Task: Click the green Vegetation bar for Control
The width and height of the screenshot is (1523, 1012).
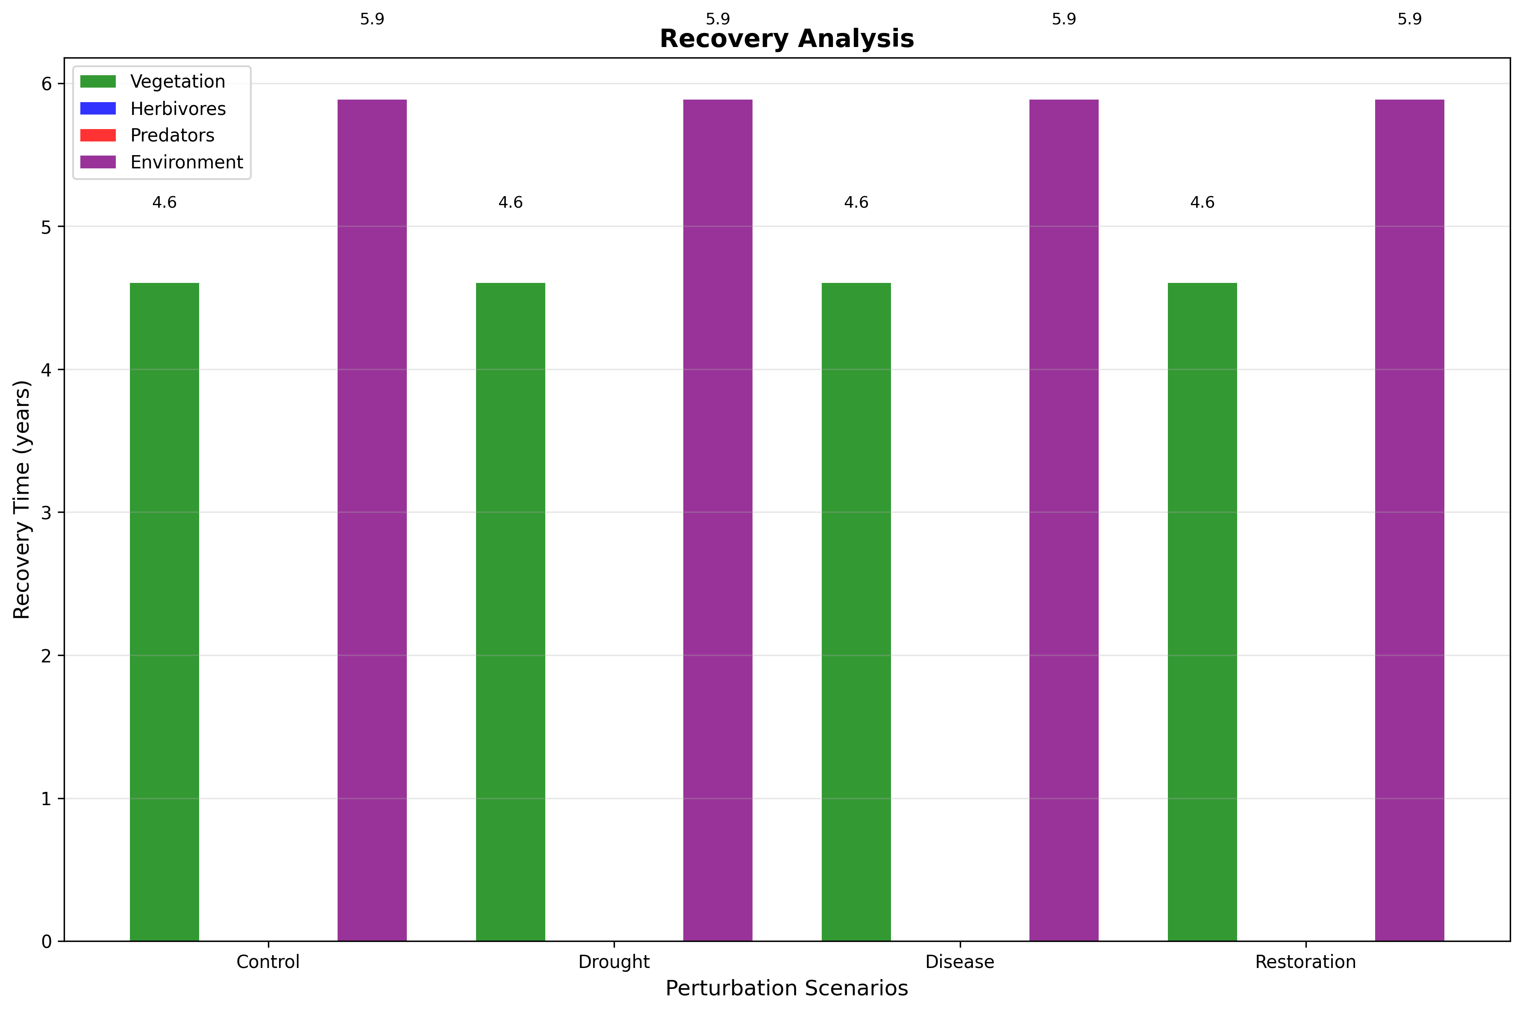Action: [x=164, y=612]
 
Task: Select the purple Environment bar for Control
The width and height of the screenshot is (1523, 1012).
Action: [x=372, y=520]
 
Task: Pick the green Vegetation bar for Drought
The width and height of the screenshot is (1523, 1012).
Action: [x=511, y=612]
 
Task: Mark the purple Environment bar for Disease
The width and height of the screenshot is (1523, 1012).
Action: [x=1064, y=520]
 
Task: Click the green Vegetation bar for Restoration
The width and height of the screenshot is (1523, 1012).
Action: [x=1202, y=612]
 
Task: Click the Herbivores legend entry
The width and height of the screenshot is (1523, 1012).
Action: [x=177, y=109]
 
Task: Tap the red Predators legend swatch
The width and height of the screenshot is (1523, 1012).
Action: [x=98, y=135]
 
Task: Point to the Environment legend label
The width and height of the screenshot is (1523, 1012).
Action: [x=186, y=162]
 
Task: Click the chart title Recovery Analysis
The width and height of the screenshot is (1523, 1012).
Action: [x=787, y=39]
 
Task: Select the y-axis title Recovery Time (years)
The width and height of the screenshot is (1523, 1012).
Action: [x=22, y=500]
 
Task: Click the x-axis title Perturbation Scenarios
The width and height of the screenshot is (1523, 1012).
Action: [x=787, y=988]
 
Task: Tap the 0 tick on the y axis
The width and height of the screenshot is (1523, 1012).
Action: [x=47, y=941]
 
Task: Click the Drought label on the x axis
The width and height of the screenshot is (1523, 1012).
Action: [x=614, y=962]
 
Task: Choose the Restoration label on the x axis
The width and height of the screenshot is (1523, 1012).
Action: [x=1305, y=962]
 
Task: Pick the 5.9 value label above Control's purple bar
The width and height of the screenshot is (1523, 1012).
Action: [x=372, y=19]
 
